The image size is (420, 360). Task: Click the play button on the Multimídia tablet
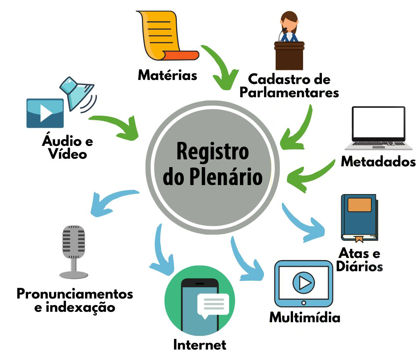click(x=303, y=284)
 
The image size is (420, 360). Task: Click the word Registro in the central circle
click(x=212, y=152)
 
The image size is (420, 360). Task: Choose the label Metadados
click(x=378, y=161)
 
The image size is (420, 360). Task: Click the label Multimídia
click(x=305, y=317)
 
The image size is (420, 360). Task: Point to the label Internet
click(x=200, y=344)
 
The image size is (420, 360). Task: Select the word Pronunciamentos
click(x=75, y=294)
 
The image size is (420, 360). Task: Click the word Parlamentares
click(x=289, y=92)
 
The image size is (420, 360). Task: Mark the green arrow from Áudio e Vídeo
click(x=117, y=125)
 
